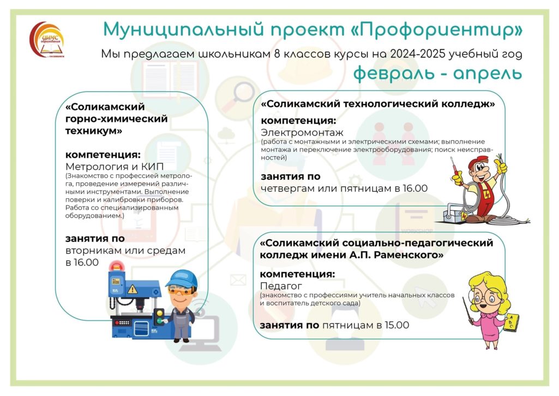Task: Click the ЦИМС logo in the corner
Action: (47, 40)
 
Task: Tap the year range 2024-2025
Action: (418, 54)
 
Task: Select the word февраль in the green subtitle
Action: (394, 73)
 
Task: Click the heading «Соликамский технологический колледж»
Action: (378, 104)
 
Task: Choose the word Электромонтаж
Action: (302, 133)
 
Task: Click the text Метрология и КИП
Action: (115, 167)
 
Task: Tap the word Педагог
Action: (281, 286)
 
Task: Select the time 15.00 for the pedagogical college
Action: (397, 325)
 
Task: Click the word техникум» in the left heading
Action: (94, 131)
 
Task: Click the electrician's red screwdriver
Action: (454, 168)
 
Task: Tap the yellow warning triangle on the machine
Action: (133, 288)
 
